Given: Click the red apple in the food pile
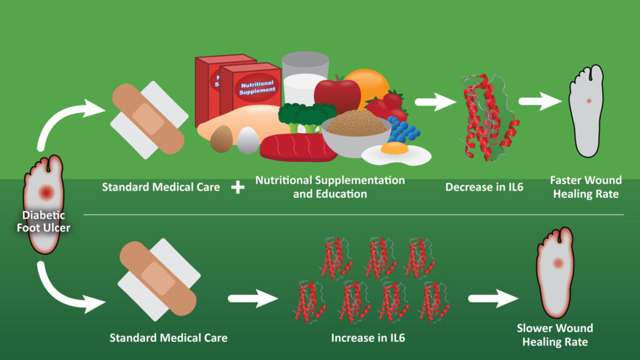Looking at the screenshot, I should coord(337,92).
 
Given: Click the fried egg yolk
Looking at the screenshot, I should coord(392,148).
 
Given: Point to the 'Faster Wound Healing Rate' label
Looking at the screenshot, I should coord(586,187).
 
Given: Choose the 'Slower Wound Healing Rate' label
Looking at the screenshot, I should coord(555,335).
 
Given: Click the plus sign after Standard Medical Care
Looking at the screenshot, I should coord(238,187).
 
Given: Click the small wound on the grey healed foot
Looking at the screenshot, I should coord(587,101).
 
